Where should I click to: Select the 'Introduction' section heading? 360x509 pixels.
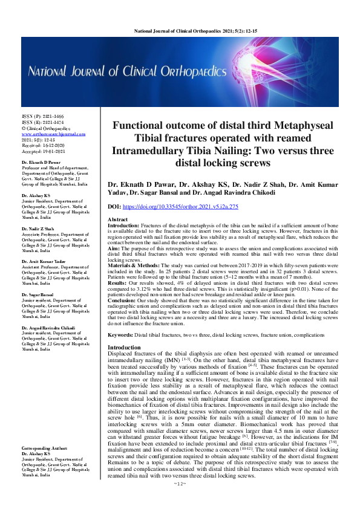point(123,348)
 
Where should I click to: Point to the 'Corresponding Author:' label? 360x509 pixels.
point(44,450)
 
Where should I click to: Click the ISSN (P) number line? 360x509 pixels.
point(38,115)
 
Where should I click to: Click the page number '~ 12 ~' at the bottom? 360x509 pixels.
point(180,501)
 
